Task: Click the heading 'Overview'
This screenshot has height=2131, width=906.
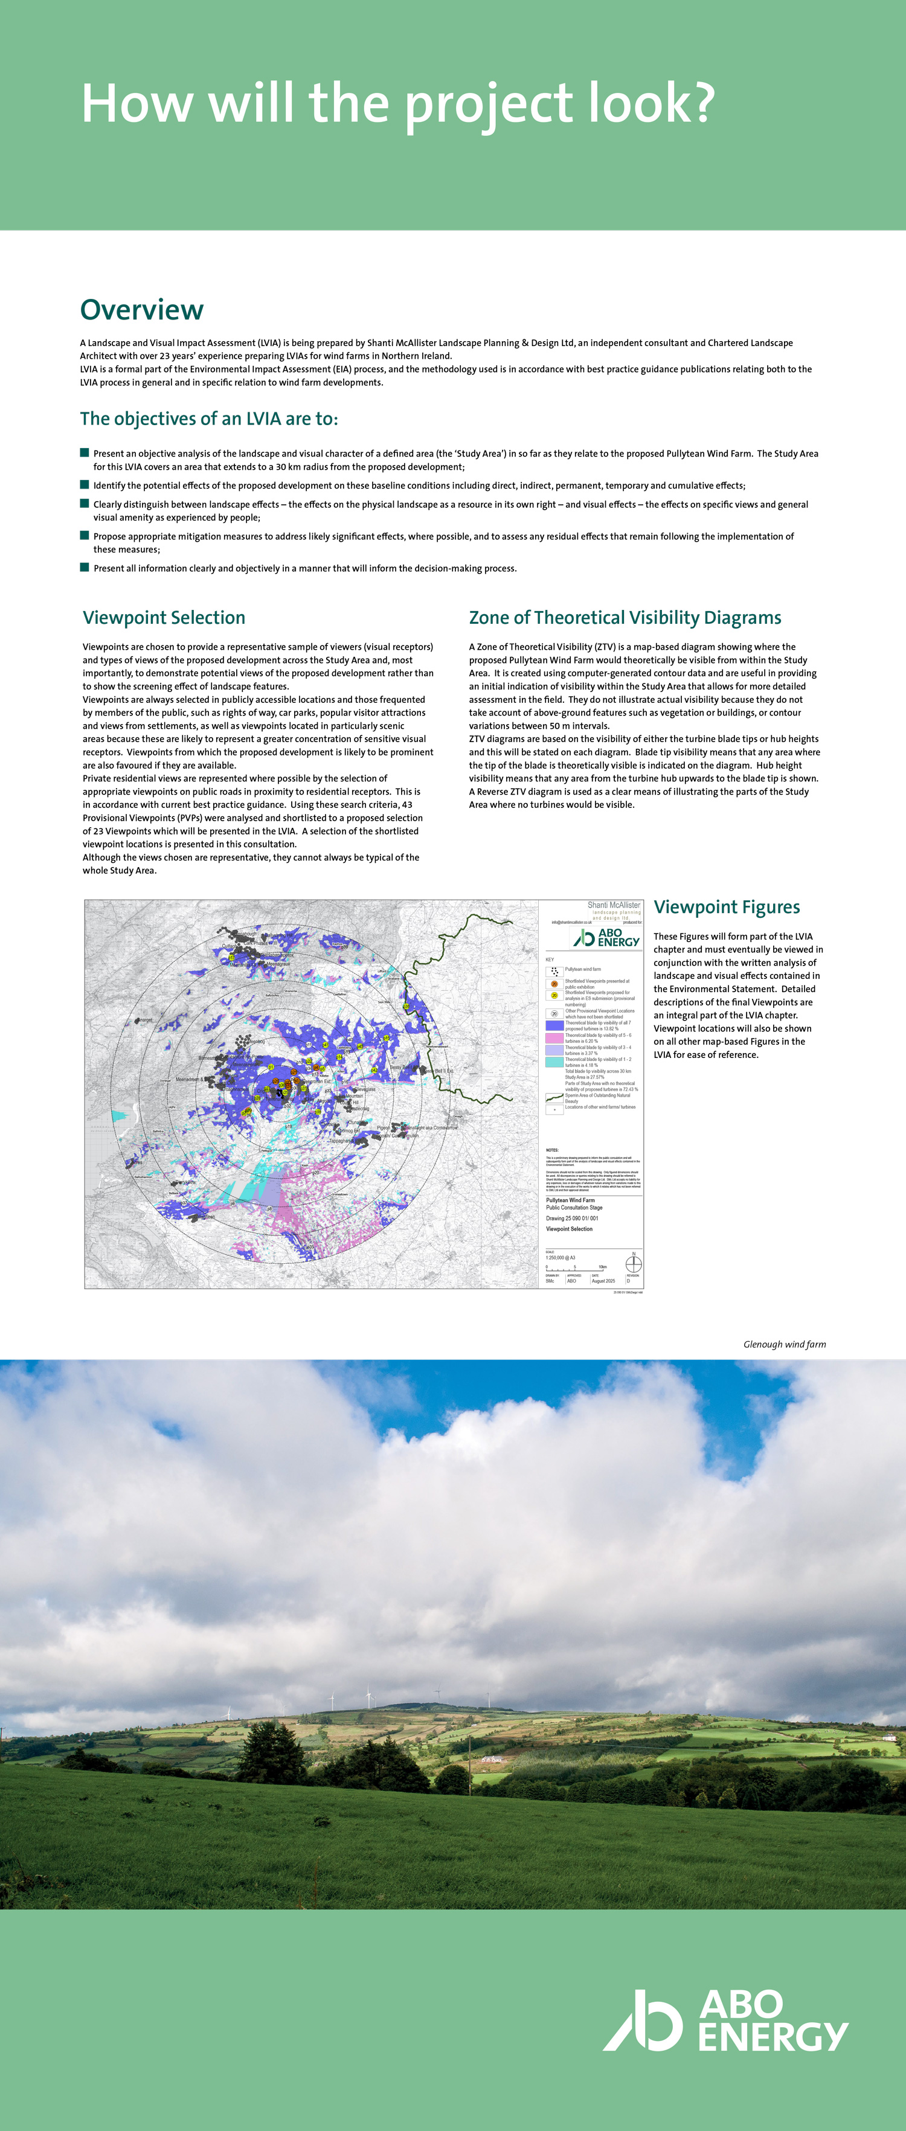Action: click(x=141, y=310)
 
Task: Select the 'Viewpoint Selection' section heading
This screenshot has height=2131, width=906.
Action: click(x=164, y=618)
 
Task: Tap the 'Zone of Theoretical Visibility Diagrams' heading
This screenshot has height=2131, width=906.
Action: click(x=625, y=618)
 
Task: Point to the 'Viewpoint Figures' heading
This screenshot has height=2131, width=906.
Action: click(x=727, y=908)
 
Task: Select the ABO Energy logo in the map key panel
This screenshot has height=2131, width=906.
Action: click(x=606, y=937)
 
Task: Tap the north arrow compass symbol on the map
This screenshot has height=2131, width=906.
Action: click(x=634, y=1264)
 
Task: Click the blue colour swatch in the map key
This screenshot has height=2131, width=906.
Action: click(x=554, y=1026)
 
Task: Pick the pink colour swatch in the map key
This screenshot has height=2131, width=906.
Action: click(x=554, y=1037)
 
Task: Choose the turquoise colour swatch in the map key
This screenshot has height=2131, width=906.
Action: click(x=554, y=1062)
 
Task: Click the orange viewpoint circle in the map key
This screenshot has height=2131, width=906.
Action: click(x=554, y=984)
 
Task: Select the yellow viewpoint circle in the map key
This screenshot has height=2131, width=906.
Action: click(x=554, y=996)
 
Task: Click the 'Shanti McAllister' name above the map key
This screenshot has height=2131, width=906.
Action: click(x=613, y=905)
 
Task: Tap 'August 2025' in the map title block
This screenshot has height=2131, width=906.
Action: click(x=603, y=1281)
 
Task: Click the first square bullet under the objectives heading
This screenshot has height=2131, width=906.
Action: click(x=85, y=452)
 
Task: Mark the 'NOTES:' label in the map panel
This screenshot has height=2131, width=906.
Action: click(x=552, y=1150)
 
